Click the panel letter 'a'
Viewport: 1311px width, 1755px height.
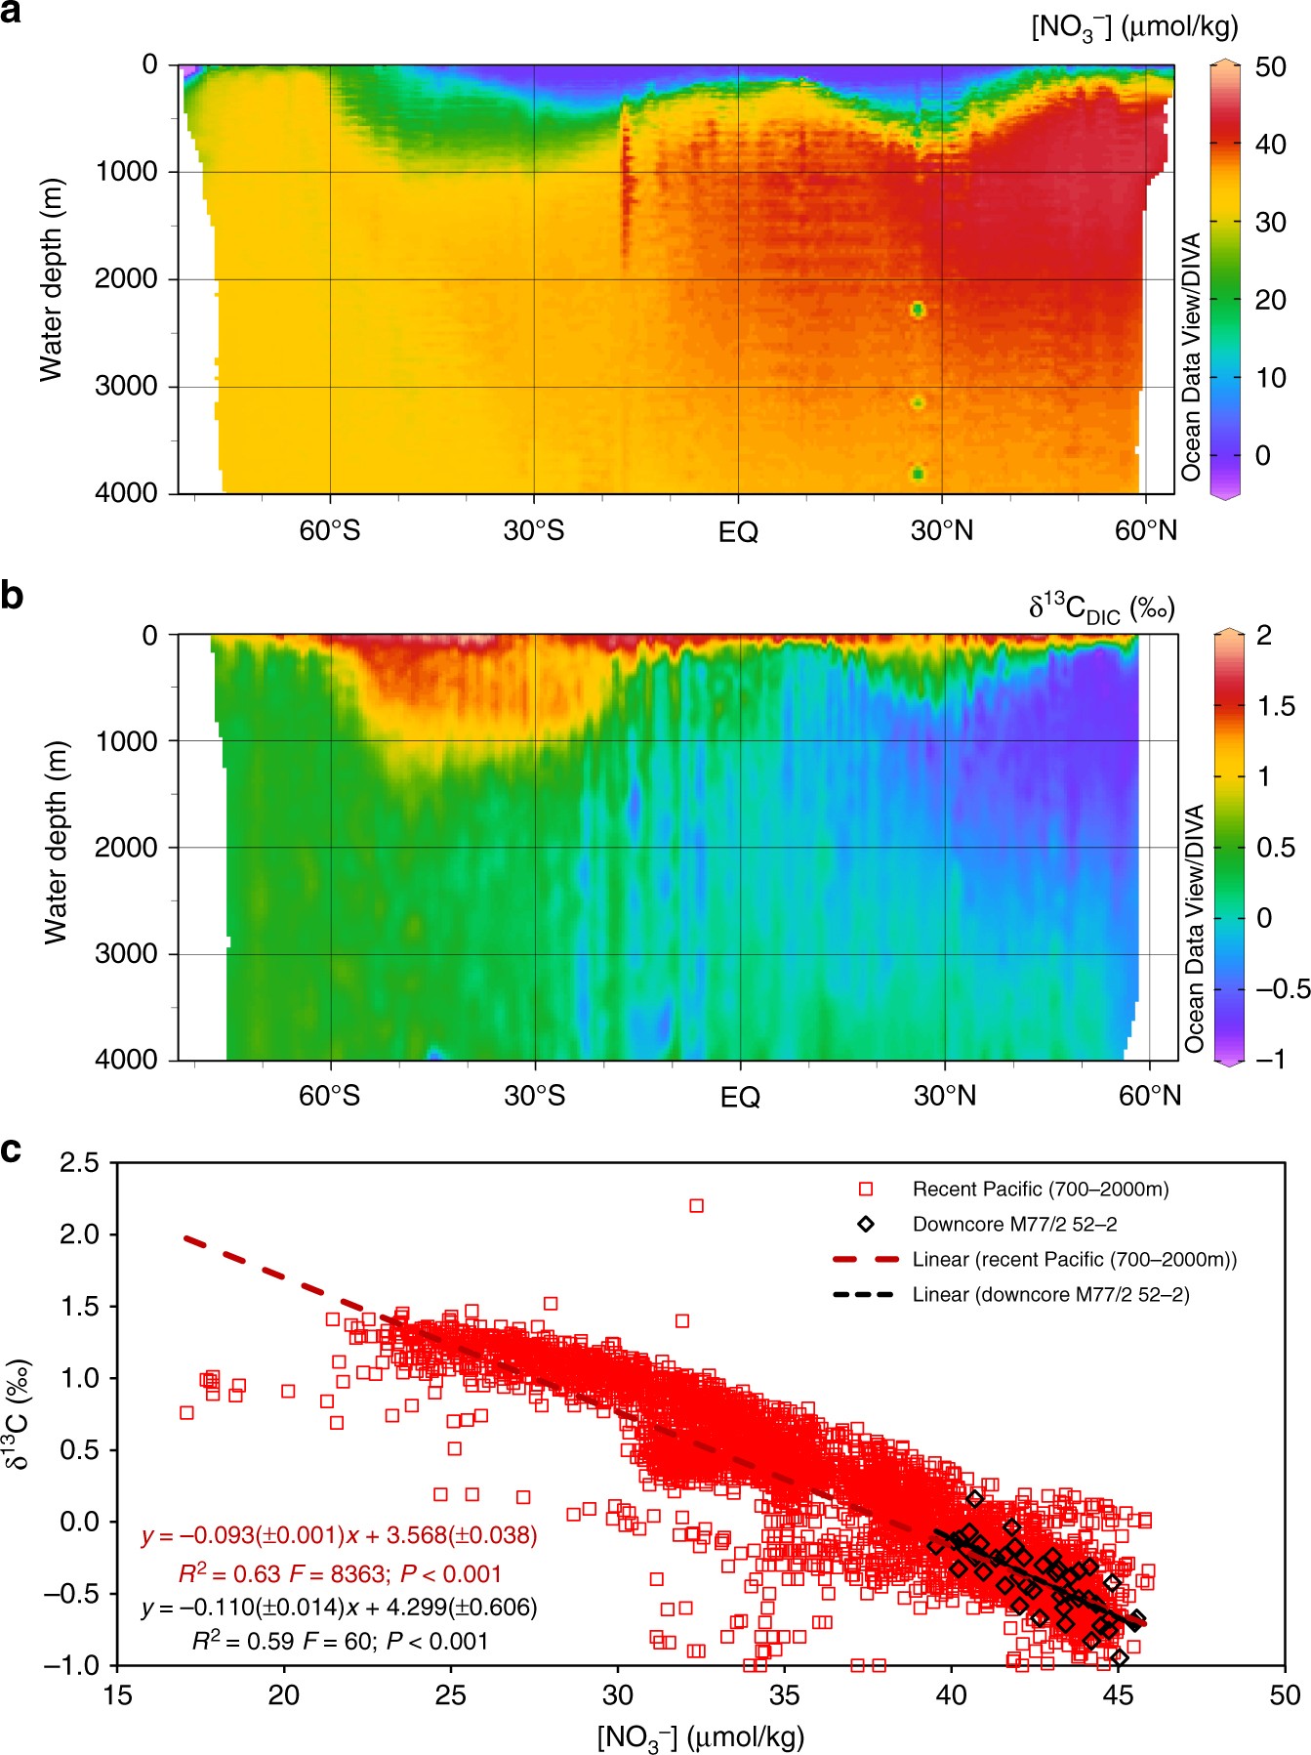tap(11, 14)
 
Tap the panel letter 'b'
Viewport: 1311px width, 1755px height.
tap(12, 595)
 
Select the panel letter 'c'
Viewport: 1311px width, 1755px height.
tap(11, 1149)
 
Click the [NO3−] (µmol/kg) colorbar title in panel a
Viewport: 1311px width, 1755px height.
tap(1134, 27)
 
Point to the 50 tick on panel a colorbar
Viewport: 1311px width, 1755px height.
tap(1270, 67)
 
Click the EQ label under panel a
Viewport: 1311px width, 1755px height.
tap(738, 532)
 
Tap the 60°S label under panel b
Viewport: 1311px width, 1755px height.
tap(329, 1096)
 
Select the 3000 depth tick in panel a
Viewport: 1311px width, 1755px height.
tap(126, 386)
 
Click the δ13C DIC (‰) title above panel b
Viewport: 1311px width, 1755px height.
tap(1101, 607)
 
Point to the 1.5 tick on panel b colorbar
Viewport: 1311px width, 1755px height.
tap(1276, 706)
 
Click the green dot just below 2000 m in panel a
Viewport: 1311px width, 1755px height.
tap(918, 310)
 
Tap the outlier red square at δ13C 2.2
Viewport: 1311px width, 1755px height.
tap(696, 1205)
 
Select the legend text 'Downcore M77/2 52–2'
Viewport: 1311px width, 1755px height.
tap(1014, 1224)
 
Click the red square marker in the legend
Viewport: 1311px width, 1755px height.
tap(865, 1189)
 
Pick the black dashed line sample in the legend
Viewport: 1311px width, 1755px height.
tap(863, 1294)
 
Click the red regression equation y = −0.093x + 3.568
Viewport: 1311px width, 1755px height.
tap(339, 1535)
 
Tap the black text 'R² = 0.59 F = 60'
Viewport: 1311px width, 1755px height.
tap(339, 1641)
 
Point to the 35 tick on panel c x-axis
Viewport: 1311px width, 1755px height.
tap(784, 1694)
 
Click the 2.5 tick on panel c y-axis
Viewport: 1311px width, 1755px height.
tap(79, 1162)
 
